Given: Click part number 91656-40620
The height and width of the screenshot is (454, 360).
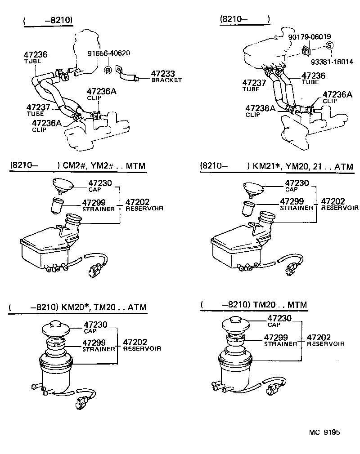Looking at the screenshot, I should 108,53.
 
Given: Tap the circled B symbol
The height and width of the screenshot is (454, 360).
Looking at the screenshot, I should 108,70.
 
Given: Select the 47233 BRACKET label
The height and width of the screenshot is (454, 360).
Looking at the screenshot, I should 166,76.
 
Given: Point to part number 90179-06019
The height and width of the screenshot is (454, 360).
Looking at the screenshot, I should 310,36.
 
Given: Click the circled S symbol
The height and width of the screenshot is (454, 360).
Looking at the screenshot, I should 329,45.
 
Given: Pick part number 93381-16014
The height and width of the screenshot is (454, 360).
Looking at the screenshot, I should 332,62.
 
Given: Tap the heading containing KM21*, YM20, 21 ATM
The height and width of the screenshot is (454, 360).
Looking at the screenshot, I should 276,166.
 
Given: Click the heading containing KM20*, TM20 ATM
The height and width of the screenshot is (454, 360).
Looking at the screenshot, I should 77,307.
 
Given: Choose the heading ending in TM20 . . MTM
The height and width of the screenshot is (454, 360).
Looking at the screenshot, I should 254,305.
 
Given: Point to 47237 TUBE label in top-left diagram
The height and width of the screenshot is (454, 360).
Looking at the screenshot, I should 38,110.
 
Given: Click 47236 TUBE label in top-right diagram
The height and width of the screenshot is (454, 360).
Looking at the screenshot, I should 313,79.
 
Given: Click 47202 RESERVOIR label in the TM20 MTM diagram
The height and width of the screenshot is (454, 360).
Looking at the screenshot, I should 325,340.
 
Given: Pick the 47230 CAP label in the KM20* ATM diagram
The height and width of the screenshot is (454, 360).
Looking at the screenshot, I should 97,327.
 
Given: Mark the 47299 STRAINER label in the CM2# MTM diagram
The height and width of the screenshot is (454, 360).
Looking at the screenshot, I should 98,205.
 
